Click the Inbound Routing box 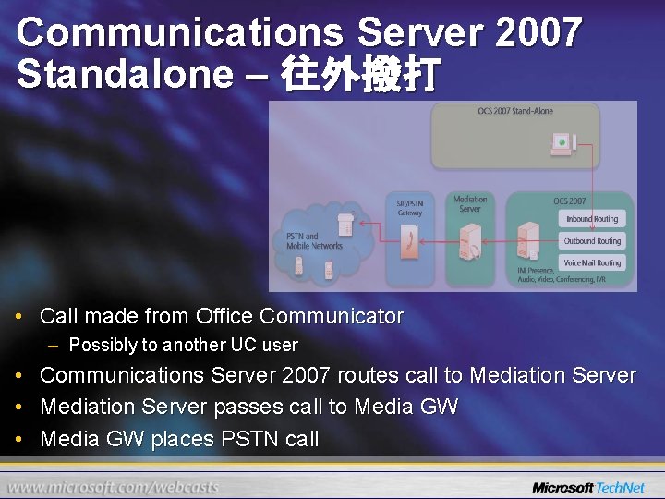592,219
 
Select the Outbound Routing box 592,241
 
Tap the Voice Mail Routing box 592,263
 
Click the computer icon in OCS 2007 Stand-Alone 561,143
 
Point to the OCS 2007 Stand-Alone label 515,111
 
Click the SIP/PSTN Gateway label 410,208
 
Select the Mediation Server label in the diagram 470,203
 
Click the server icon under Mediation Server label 470,242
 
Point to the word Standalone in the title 125,74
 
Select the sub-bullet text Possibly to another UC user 183,345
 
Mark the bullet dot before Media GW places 21,439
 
